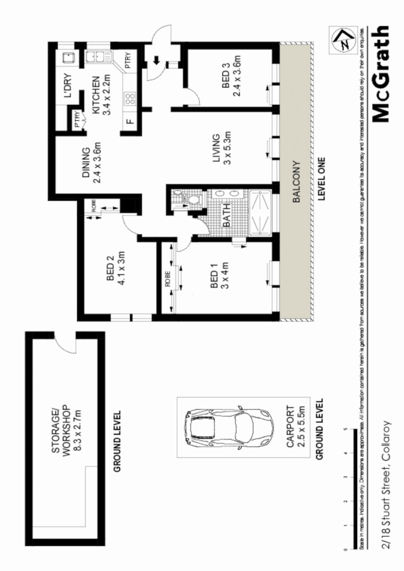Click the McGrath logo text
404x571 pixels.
point(381,75)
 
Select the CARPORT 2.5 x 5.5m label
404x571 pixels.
point(295,426)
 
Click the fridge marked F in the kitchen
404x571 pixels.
point(129,121)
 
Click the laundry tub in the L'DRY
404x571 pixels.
point(67,57)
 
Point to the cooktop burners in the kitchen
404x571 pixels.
point(129,97)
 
